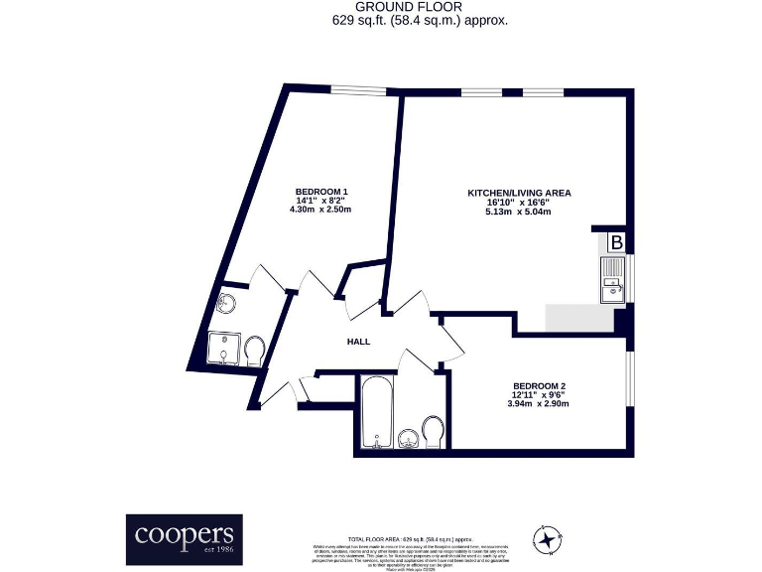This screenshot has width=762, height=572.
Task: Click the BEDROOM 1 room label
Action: [x=321, y=191]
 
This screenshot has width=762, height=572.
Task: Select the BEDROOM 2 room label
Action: [x=539, y=385]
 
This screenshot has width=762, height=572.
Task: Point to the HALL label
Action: [x=358, y=342]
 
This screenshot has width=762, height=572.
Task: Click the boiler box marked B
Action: [x=615, y=242]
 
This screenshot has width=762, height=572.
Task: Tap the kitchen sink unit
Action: [x=612, y=278]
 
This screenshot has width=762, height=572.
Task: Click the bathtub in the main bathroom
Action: [x=376, y=413]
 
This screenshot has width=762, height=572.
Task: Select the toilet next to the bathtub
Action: [x=433, y=432]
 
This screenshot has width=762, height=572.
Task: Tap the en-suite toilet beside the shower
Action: [x=254, y=350]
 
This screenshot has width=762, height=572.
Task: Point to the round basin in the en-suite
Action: [x=226, y=304]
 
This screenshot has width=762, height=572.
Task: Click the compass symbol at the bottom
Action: [x=547, y=539]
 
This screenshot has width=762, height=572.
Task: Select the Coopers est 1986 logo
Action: [x=184, y=539]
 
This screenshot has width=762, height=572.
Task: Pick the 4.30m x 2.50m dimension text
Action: [x=321, y=211]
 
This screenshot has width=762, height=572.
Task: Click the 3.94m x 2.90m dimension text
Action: [x=539, y=404]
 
